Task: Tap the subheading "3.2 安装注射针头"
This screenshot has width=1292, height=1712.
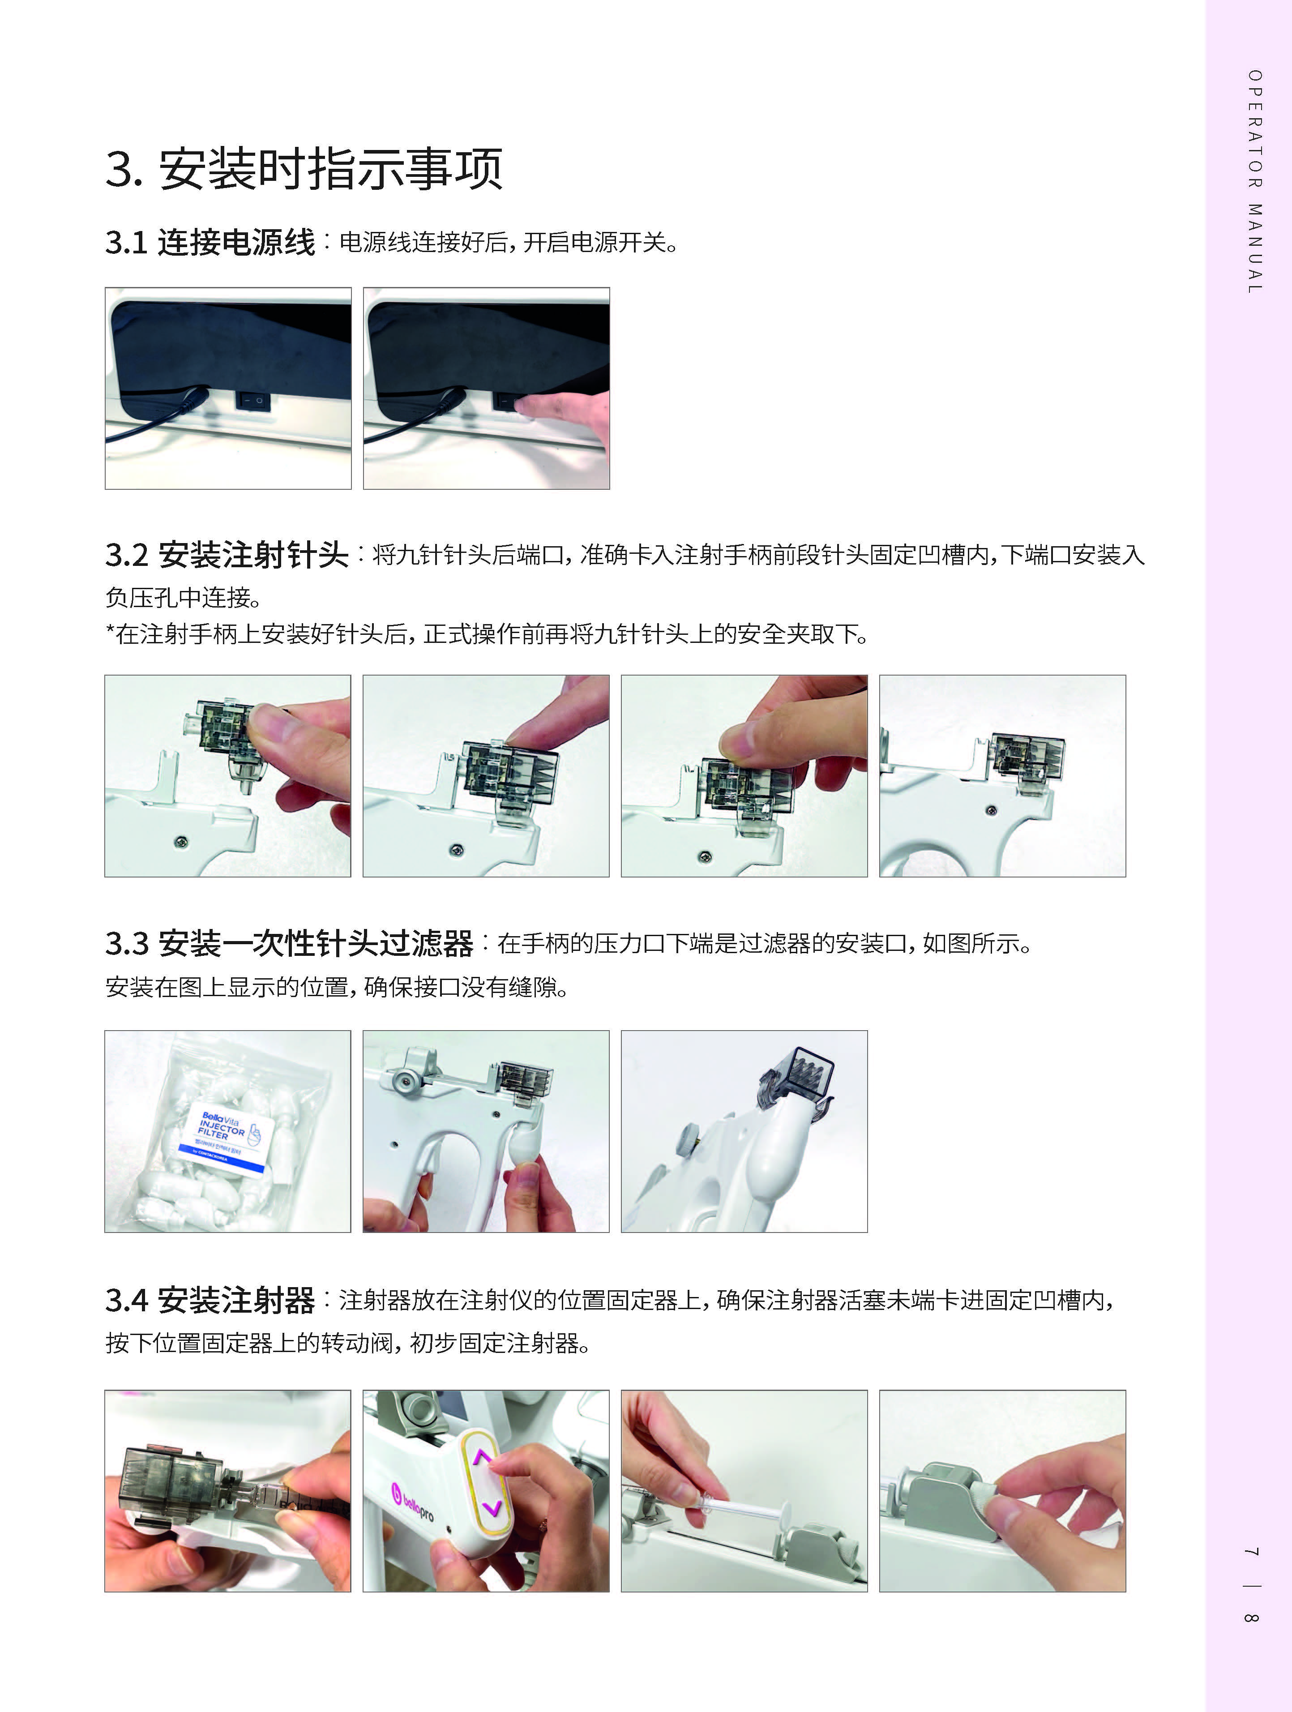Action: point(227,555)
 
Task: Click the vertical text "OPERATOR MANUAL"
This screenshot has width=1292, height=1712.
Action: point(1255,182)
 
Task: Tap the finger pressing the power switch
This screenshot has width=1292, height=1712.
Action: point(565,418)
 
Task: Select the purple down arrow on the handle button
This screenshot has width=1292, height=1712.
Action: point(491,1508)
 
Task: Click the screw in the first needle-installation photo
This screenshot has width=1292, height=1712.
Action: point(182,840)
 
